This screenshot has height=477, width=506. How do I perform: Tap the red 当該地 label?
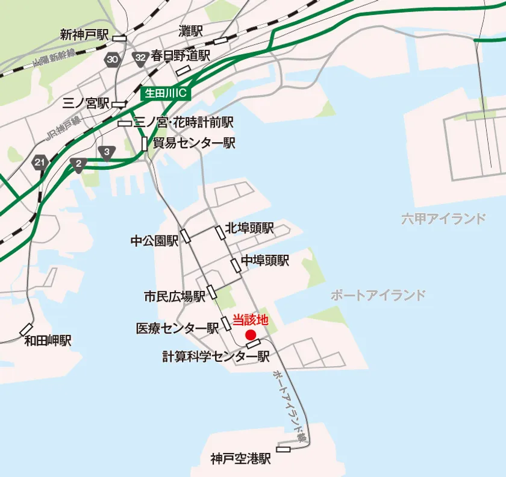click(249, 320)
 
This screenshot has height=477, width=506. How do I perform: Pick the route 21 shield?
click(40, 163)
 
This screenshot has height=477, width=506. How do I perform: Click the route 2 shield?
click(78, 164)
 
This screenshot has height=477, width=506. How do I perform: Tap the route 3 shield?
click(107, 152)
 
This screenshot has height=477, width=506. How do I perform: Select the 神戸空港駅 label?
click(241, 460)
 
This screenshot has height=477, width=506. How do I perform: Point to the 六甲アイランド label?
click(443, 219)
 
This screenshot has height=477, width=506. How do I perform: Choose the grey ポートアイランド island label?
click(378, 295)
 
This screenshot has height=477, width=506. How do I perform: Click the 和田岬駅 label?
click(48, 341)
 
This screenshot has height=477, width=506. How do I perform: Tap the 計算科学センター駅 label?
click(216, 356)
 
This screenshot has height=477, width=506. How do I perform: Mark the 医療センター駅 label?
click(177, 328)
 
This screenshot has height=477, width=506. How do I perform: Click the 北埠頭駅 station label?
click(249, 228)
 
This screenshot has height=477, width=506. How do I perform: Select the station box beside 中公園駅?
click(186, 235)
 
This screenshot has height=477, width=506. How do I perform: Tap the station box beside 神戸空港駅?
click(283, 449)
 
